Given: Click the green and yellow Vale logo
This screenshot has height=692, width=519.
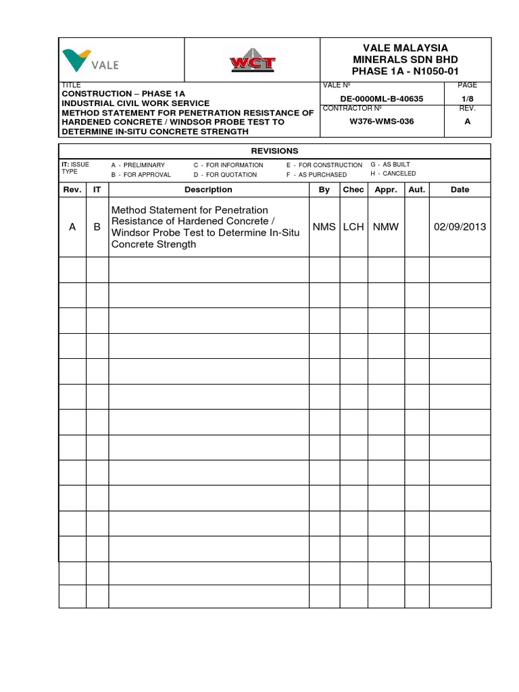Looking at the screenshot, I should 91,61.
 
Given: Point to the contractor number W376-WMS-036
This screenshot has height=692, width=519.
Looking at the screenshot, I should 381,122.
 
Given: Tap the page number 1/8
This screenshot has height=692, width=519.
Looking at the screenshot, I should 468,99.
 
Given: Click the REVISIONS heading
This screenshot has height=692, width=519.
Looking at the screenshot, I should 275,151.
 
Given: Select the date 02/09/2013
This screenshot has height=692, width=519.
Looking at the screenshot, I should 460,227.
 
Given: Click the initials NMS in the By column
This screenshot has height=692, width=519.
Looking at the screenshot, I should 324,227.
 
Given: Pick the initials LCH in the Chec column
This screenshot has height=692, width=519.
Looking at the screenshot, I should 353,227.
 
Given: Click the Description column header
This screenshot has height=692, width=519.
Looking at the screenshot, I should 208,190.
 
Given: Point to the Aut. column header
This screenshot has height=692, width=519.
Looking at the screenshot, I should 417,190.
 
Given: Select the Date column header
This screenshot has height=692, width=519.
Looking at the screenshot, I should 460,190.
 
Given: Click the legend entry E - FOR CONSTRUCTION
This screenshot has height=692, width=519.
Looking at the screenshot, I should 324,165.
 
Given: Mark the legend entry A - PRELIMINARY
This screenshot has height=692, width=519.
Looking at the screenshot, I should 138,165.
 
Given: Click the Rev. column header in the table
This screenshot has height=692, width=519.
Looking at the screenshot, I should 72,190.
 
